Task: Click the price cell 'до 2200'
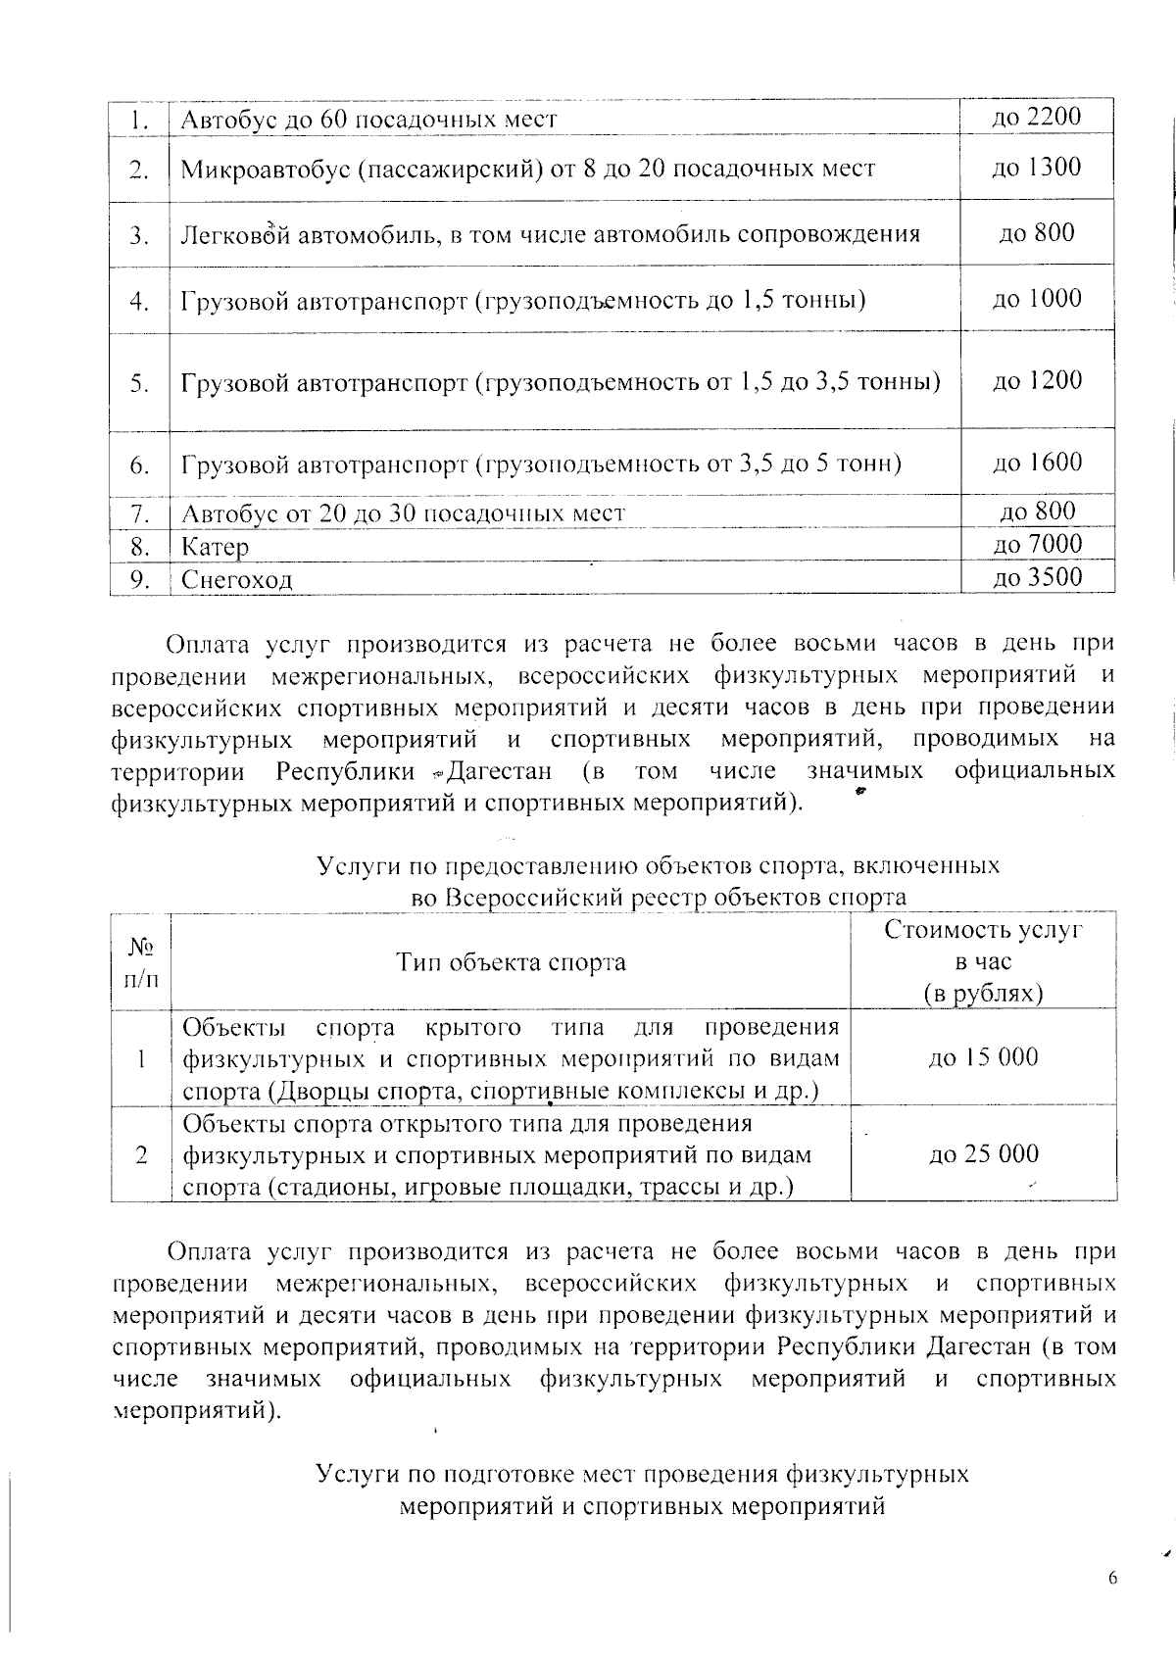point(1037,118)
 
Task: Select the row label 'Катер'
point(216,547)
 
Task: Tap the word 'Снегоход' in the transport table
point(237,580)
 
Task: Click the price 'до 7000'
point(1037,544)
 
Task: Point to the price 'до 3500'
point(1037,577)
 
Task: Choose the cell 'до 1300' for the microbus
point(1037,168)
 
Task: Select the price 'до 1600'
point(1037,463)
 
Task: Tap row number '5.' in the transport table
point(139,383)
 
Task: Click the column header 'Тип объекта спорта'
point(511,962)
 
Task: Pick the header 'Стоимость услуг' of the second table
point(983,930)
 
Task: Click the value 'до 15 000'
point(983,1057)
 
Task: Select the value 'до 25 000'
point(983,1154)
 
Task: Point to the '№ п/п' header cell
point(141,962)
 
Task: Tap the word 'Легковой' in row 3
point(234,235)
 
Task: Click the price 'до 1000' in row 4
point(1037,299)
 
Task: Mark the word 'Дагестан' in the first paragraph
point(500,771)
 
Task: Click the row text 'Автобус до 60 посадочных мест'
point(369,120)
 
